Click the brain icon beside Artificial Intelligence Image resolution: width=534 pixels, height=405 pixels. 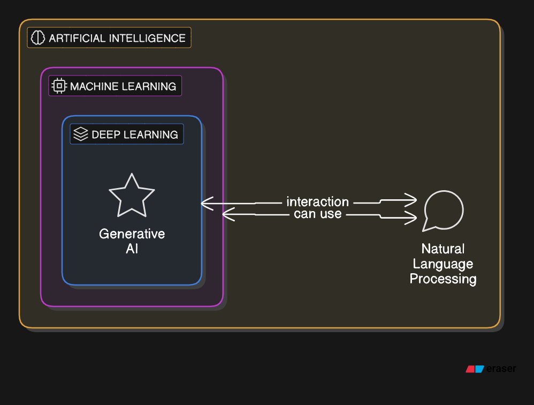click(38, 37)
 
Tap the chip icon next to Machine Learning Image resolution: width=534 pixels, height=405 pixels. click(59, 86)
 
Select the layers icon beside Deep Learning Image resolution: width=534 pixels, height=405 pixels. click(80, 134)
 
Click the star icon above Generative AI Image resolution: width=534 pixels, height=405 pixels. click(132, 195)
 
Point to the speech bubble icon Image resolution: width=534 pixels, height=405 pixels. click(443, 211)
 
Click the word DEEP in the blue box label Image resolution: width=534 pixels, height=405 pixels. click(106, 134)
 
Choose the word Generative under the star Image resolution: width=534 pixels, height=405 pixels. click(132, 234)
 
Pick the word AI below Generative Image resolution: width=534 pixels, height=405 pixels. click(132, 249)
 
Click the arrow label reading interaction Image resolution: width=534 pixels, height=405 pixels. click(318, 202)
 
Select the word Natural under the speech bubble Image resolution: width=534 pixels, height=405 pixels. click(443, 249)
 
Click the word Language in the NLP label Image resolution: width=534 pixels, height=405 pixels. click(443, 264)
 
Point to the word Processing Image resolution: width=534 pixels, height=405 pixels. click(443, 279)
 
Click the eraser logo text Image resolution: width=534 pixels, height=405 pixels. click(502, 369)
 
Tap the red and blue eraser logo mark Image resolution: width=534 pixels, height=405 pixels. click(475, 369)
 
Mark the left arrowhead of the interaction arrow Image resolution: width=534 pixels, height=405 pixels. click(204, 203)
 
